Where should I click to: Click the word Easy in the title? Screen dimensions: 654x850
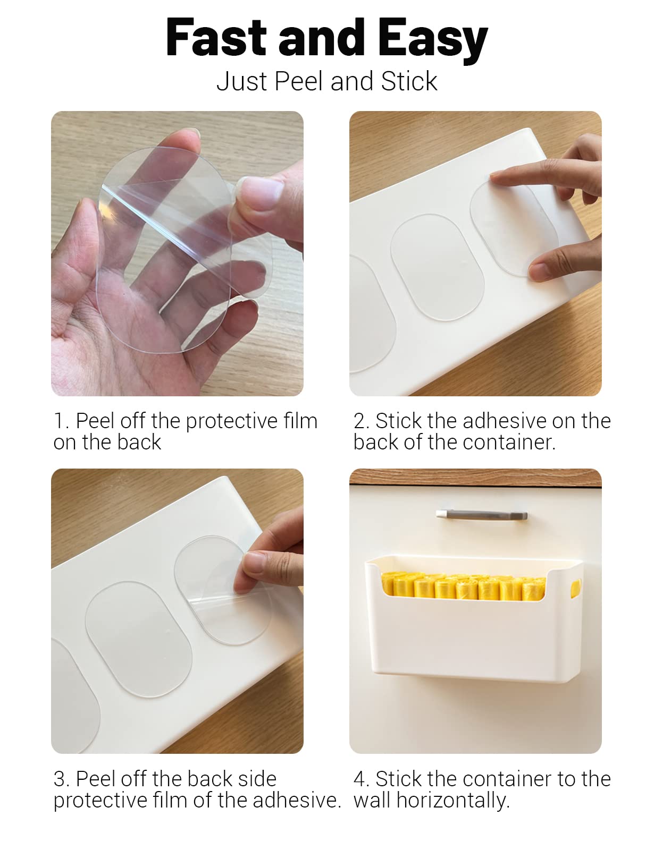point(432,41)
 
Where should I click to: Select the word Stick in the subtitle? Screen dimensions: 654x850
point(409,81)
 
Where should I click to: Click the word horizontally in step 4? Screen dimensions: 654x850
point(453,801)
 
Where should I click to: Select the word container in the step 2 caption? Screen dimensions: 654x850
point(509,443)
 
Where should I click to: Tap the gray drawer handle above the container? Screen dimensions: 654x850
point(482,514)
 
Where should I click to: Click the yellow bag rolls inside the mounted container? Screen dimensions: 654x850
point(464,586)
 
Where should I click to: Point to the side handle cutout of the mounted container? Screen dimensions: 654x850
point(575,589)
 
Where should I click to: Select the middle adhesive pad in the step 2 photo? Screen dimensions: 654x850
point(437,267)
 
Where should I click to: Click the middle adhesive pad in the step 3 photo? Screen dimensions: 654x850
point(139,639)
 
